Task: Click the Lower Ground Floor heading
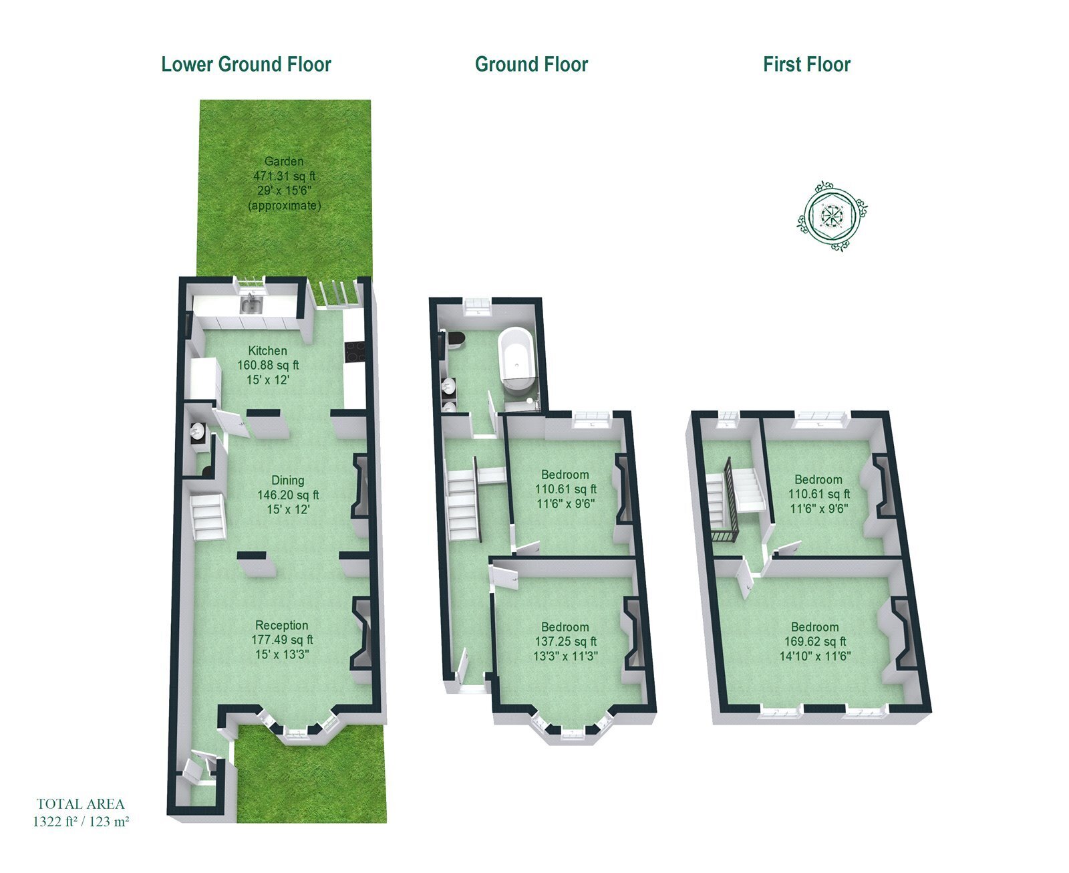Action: tap(246, 64)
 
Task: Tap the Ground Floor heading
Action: tap(531, 64)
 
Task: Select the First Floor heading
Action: tap(806, 64)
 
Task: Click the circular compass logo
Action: tap(832, 216)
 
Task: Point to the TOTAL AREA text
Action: tap(81, 803)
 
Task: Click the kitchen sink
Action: tap(252, 305)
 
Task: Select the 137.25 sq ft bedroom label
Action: tap(565, 641)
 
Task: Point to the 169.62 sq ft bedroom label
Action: tap(815, 641)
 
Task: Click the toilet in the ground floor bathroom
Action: tap(454, 338)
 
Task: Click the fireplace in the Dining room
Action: tap(360, 486)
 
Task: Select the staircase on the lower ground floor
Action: tap(208, 516)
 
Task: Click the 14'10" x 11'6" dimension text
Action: tap(815, 656)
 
